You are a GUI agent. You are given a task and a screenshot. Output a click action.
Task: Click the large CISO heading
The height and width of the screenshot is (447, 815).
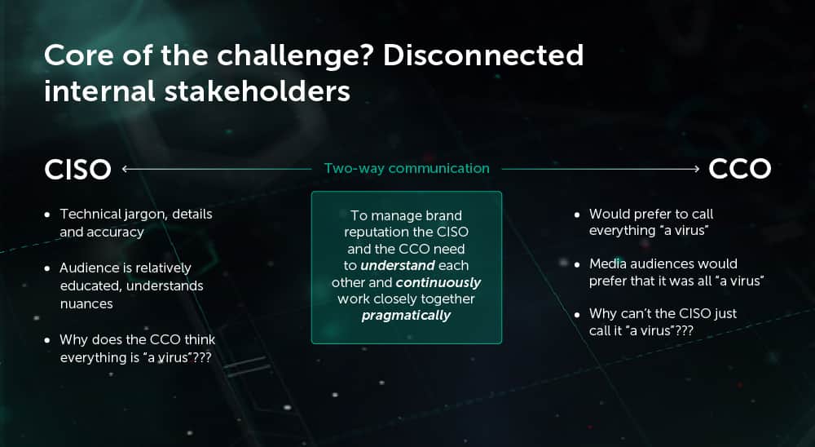tap(78, 169)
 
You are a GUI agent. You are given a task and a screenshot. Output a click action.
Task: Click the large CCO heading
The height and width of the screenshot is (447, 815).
tap(740, 169)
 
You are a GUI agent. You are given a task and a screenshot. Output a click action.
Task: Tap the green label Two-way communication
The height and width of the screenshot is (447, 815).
tap(407, 169)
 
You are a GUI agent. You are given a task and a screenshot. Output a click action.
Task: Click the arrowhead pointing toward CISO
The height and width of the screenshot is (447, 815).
tap(126, 169)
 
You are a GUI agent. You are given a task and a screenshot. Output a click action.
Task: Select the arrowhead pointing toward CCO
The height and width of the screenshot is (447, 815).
tap(696, 169)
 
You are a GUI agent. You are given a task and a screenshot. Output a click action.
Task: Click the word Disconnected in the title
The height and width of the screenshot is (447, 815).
tap(483, 55)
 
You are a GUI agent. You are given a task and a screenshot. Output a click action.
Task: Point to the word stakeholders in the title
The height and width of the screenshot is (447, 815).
tap(257, 91)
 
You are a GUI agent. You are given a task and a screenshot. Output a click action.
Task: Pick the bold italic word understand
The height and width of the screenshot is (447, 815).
tap(398, 265)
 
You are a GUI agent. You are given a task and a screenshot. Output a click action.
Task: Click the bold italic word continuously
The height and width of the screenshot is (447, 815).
tap(438, 282)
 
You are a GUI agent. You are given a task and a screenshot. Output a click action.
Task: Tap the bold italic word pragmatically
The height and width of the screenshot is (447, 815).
tap(406, 316)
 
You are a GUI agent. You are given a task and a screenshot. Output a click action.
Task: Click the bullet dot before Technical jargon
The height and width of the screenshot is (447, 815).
tap(48, 215)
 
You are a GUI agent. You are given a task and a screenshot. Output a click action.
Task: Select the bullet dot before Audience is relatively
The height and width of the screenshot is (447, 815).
tap(48, 268)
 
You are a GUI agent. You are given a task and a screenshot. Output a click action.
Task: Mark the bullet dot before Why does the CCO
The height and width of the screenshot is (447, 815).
tap(48, 340)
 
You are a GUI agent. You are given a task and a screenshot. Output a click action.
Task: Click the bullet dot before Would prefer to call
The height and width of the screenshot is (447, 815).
tap(577, 215)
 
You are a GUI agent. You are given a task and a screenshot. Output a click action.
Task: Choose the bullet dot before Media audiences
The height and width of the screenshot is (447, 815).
tap(577, 264)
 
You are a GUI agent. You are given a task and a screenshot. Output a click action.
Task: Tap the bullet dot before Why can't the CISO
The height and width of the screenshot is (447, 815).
tap(577, 314)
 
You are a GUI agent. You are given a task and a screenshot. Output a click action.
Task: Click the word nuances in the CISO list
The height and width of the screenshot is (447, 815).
tap(86, 304)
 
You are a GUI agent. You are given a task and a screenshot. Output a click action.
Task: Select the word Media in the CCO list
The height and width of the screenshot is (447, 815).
tap(608, 263)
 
